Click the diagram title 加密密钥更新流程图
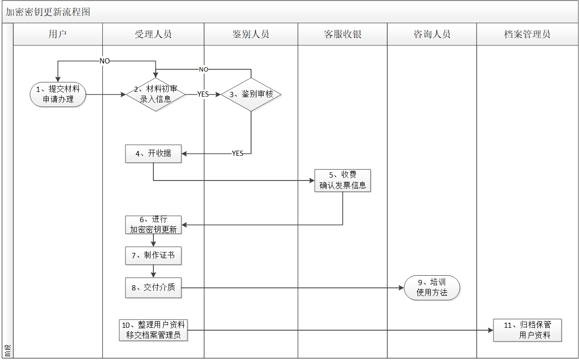pos(48,12)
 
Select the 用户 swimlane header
pos(58,34)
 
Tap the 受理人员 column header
pos(153,34)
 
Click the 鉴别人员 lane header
pos(251,34)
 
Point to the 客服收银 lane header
pos(342,34)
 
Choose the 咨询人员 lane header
pos(432,34)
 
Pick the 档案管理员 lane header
pos(527,34)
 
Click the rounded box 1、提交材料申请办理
pos(58,94)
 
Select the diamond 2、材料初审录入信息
pos(156,94)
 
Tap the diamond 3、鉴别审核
pos(251,94)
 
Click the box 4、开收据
pos(153,153)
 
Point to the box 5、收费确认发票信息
pos(342,180)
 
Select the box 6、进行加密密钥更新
pos(153,225)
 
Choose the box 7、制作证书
pos(153,255)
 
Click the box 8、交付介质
pos(153,288)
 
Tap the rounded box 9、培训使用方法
pos(432,288)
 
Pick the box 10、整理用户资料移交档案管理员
pos(153,330)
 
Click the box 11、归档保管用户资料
pos(527,330)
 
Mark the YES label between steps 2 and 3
pos(203,94)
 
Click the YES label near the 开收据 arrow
pos(238,153)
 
